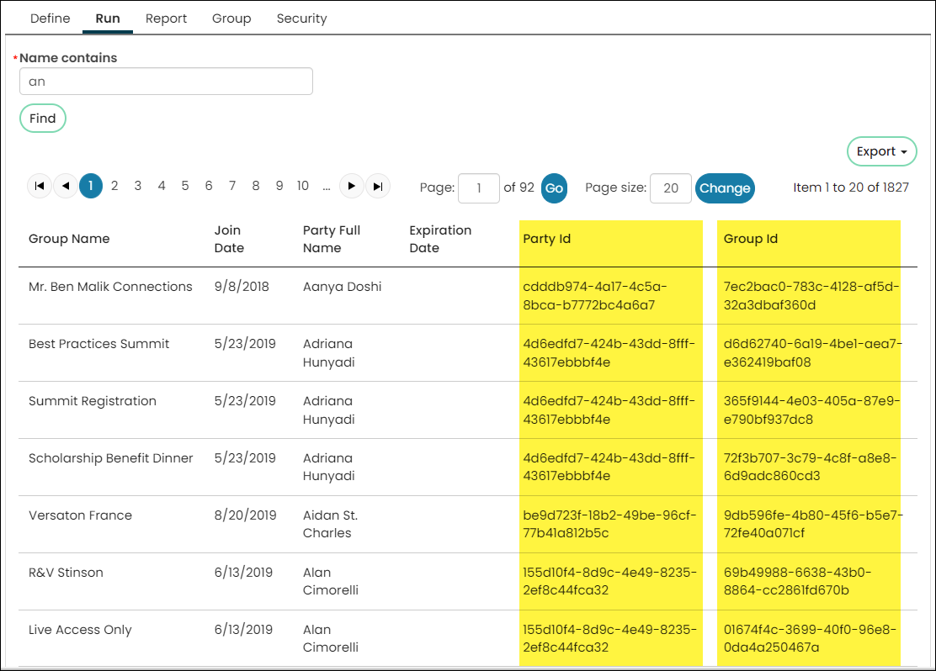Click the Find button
coord(43,118)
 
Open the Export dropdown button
coord(881,151)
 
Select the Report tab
coord(166,18)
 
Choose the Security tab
coord(301,18)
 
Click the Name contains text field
coord(166,81)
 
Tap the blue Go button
coord(554,188)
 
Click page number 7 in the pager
coord(232,186)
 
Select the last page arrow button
coord(378,186)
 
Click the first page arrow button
coord(40,186)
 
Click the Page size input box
coord(670,188)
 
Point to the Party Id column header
coord(547,239)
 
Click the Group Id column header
coord(750,239)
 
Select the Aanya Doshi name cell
coord(342,286)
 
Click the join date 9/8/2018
coord(242,286)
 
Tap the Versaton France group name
coord(81,515)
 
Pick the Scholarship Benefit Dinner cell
coord(111,458)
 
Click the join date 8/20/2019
coord(245,515)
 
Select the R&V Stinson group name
coord(66,573)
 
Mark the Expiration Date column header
coord(440,239)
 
